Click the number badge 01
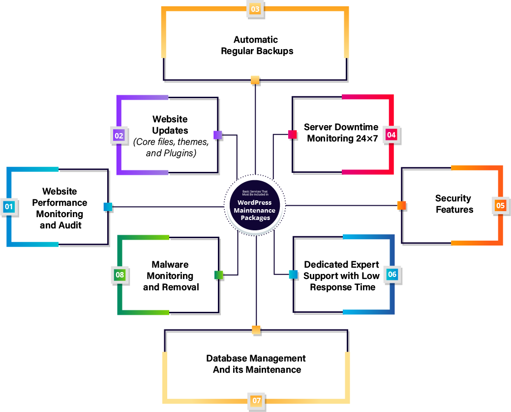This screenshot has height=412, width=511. point(9,207)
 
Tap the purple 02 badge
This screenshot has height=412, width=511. point(119,135)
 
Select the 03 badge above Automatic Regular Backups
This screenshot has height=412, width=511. point(255,9)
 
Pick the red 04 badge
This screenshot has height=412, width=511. point(391,135)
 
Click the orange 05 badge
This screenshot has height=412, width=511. point(500,205)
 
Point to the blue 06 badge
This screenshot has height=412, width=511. point(392,275)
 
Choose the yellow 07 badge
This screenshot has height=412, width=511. point(257,401)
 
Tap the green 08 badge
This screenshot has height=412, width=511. point(120,275)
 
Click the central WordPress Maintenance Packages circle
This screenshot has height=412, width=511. point(255,207)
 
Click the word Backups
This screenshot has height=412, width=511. point(275,51)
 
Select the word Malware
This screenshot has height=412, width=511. point(170,265)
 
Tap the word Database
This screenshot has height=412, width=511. point(227,358)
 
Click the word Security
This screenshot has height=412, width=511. point(453,198)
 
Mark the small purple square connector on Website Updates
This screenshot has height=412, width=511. point(218,135)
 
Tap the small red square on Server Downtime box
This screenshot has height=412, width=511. point(292,135)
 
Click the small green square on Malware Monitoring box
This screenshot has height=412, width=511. point(219,275)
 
